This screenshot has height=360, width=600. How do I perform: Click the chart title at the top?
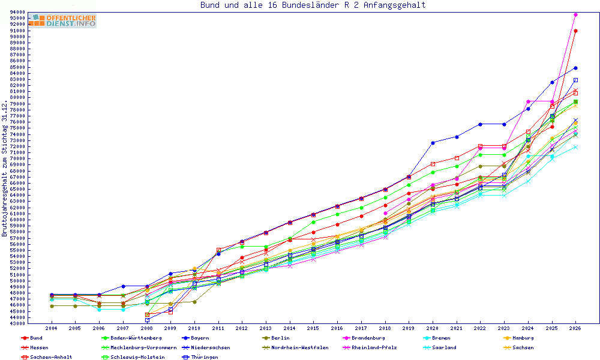point(313,5)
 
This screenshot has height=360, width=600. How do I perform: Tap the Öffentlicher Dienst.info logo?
point(64,20)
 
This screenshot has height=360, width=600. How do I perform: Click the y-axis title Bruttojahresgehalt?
point(4,169)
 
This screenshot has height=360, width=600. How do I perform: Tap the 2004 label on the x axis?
point(51,328)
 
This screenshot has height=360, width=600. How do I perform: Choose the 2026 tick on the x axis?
point(575,328)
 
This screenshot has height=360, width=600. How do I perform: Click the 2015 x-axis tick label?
point(313,328)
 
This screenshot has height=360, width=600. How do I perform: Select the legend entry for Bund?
point(32,338)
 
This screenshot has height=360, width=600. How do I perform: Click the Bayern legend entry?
point(196,338)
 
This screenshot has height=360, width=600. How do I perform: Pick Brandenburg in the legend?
point(364,338)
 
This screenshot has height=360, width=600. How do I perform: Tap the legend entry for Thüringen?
point(200,358)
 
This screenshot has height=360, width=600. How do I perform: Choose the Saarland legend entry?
point(440,348)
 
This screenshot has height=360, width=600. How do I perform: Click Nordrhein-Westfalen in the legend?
point(295,348)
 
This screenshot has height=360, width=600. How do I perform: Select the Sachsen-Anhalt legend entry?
point(47,358)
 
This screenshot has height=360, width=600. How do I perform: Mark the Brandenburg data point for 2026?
point(575,15)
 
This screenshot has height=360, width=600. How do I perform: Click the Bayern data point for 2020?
point(433,143)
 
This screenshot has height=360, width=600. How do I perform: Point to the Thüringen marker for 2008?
point(148,320)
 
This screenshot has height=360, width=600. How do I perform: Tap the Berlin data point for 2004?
point(51,306)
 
